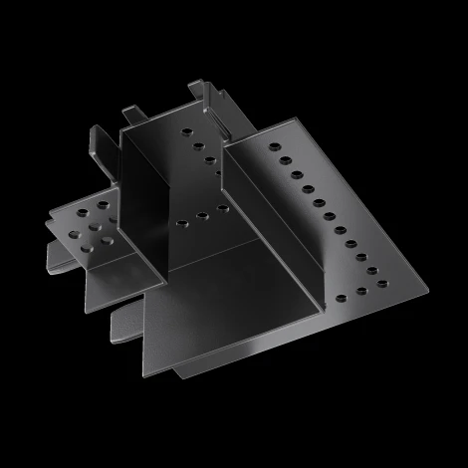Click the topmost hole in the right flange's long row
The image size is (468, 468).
coord(270,146)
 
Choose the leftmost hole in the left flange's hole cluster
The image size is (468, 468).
coord(71,234)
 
